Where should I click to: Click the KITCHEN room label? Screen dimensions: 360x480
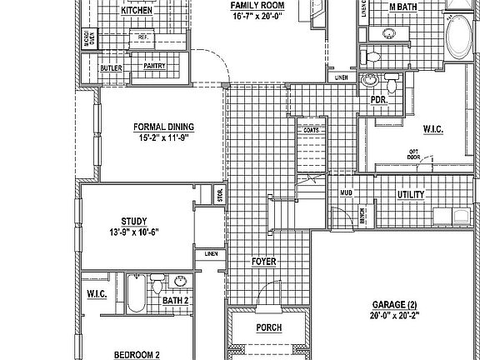pyautogui.click(x=137, y=12)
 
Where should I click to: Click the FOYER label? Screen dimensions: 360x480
pyautogui.click(x=263, y=262)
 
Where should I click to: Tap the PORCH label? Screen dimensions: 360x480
pyautogui.click(x=268, y=328)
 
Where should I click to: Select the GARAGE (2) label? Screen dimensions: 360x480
pyautogui.click(x=396, y=304)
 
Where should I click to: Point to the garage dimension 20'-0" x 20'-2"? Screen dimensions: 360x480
pyautogui.click(x=396, y=316)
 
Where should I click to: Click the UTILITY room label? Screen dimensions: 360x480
pyautogui.click(x=411, y=195)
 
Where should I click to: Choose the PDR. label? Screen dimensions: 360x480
pyautogui.click(x=377, y=99)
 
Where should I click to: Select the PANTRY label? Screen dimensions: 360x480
pyautogui.click(x=153, y=65)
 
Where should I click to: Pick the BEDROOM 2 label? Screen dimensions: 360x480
pyautogui.click(x=137, y=354)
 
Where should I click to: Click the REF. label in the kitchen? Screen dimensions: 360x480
pyautogui.click(x=143, y=37)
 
